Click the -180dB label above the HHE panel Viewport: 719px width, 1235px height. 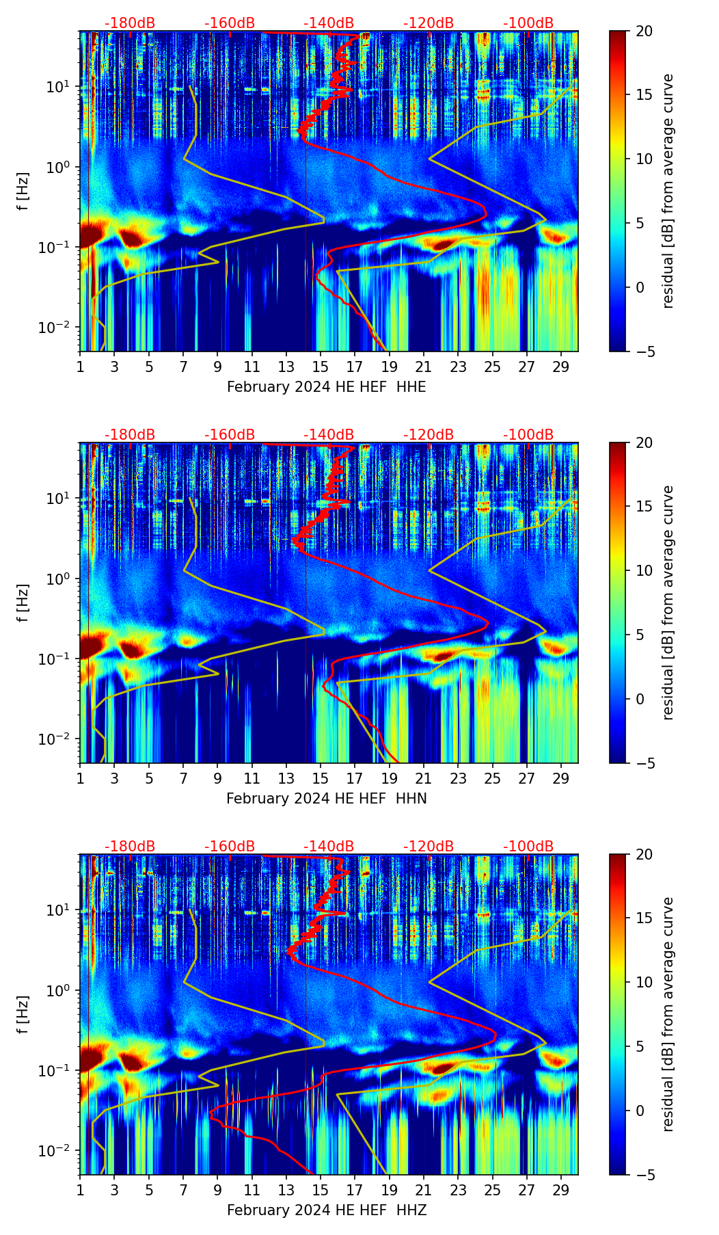130,23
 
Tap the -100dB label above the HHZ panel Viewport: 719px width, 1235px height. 528,847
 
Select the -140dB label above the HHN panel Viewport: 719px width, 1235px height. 329,435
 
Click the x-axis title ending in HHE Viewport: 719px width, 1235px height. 326,387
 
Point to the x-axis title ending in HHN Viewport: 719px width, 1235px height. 326,799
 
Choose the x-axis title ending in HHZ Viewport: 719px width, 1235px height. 326,1210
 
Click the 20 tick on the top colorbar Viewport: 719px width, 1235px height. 645,31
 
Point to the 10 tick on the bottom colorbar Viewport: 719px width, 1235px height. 645,983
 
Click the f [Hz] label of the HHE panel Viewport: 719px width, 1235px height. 23,191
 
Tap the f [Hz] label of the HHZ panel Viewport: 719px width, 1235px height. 23,1015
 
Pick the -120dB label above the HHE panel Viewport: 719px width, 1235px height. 429,23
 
